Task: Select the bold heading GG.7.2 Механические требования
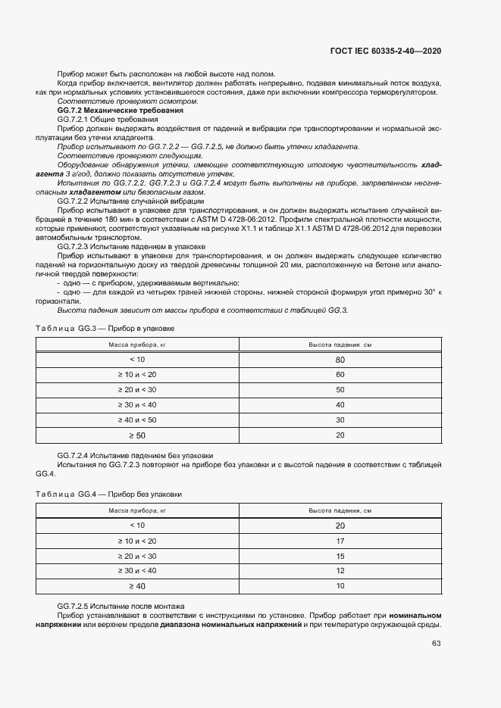[110, 111]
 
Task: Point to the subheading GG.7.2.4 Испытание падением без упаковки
[135, 455]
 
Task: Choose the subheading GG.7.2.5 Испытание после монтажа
[121, 607]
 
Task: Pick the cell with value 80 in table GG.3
[340, 360]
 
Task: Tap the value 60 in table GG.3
[340, 375]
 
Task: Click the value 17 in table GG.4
[340, 541]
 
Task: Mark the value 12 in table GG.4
[340, 570]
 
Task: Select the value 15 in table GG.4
[340, 556]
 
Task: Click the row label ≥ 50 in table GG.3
[137, 435]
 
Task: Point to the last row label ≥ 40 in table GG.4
[137, 586]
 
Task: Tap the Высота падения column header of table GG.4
[340, 511]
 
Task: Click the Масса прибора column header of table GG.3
[137, 345]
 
